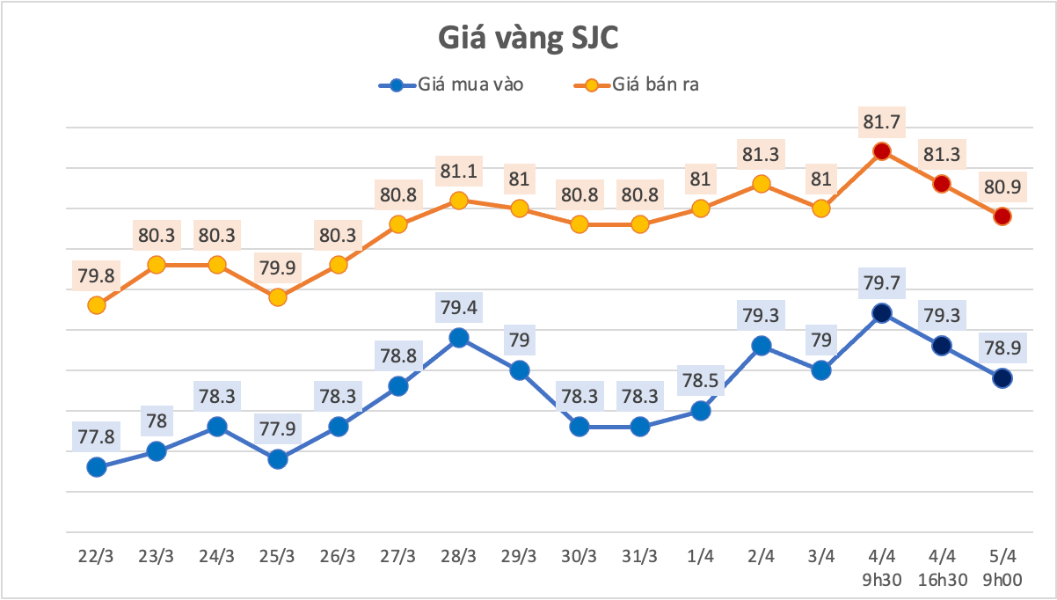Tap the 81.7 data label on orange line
(882, 121)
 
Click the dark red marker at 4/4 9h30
(882, 151)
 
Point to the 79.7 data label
(882, 283)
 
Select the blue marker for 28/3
(458, 338)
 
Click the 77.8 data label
(97, 437)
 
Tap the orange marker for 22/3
(97, 305)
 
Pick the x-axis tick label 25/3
(277, 557)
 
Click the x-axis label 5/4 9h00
(1002, 567)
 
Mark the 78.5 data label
(701, 380)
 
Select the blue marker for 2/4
(762, 346)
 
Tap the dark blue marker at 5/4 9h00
(1002, 378)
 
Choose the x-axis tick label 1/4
(701, 557)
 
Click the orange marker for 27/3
(397, 224)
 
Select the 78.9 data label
(1002, 348)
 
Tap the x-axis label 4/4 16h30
(942, 567)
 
